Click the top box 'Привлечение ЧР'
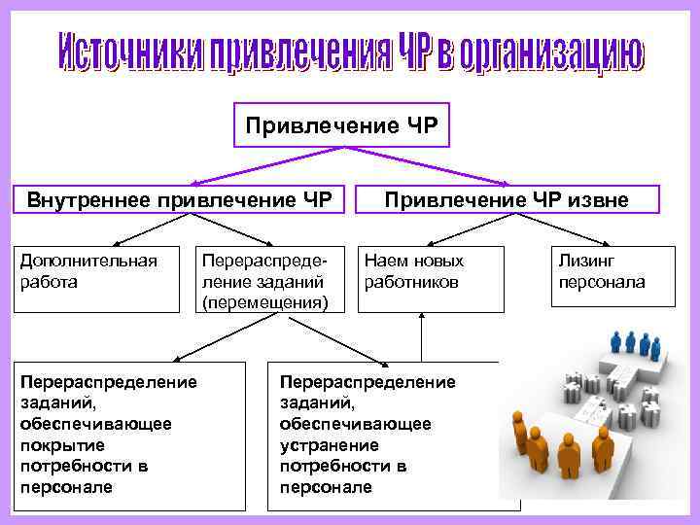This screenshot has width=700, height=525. pos(341,125)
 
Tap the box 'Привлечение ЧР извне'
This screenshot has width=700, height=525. pos(506,201)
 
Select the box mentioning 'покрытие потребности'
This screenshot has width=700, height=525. pos(130,435)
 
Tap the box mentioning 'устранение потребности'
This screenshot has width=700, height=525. pos(384,435)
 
